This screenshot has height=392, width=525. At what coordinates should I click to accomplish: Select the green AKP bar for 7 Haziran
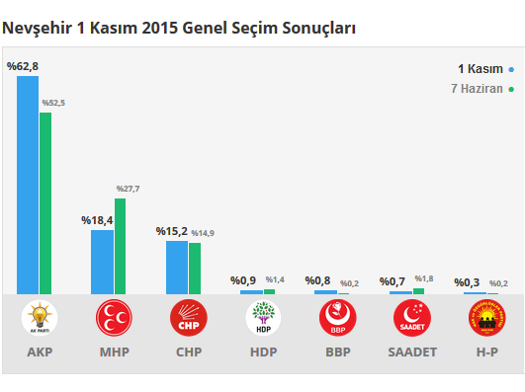pyautogui.click(x=45, y=202)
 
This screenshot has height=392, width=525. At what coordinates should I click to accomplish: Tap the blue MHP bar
pyautogui.click(x=102, y=262)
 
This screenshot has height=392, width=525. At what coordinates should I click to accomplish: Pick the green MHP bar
pyautogui.click(x=120, y=246)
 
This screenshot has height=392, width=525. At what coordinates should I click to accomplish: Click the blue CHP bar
pyautogui.click(x=177, y=267)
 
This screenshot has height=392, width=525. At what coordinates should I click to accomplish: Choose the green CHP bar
pyautogui.click(x=195, y=268)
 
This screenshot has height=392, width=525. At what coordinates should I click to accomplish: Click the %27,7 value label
pyautogui.click(x=128, y=189)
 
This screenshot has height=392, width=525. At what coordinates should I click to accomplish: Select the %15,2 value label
pyautogui.click(x=172, y=231)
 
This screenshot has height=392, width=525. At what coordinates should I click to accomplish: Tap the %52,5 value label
pyautogui.click(x=53, y=103)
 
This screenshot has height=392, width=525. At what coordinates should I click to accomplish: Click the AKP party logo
pyautogui.click(x=40, y=318)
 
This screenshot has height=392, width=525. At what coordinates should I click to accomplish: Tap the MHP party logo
pyautogui.click(x=114, y=318)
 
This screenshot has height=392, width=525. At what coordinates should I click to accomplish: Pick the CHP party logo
pyautogui.click(x=189, y=318)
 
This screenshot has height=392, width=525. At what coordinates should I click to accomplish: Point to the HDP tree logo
pyautogui.click(x=263, y=318)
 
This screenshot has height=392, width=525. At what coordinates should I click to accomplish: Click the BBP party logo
pyautogui.click(x=338, y=318)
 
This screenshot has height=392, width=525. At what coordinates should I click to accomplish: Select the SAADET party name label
pyautogui.click(x=412, y=352)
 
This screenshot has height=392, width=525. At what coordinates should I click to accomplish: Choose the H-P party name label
pyautogui.click(x=486, y=352)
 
